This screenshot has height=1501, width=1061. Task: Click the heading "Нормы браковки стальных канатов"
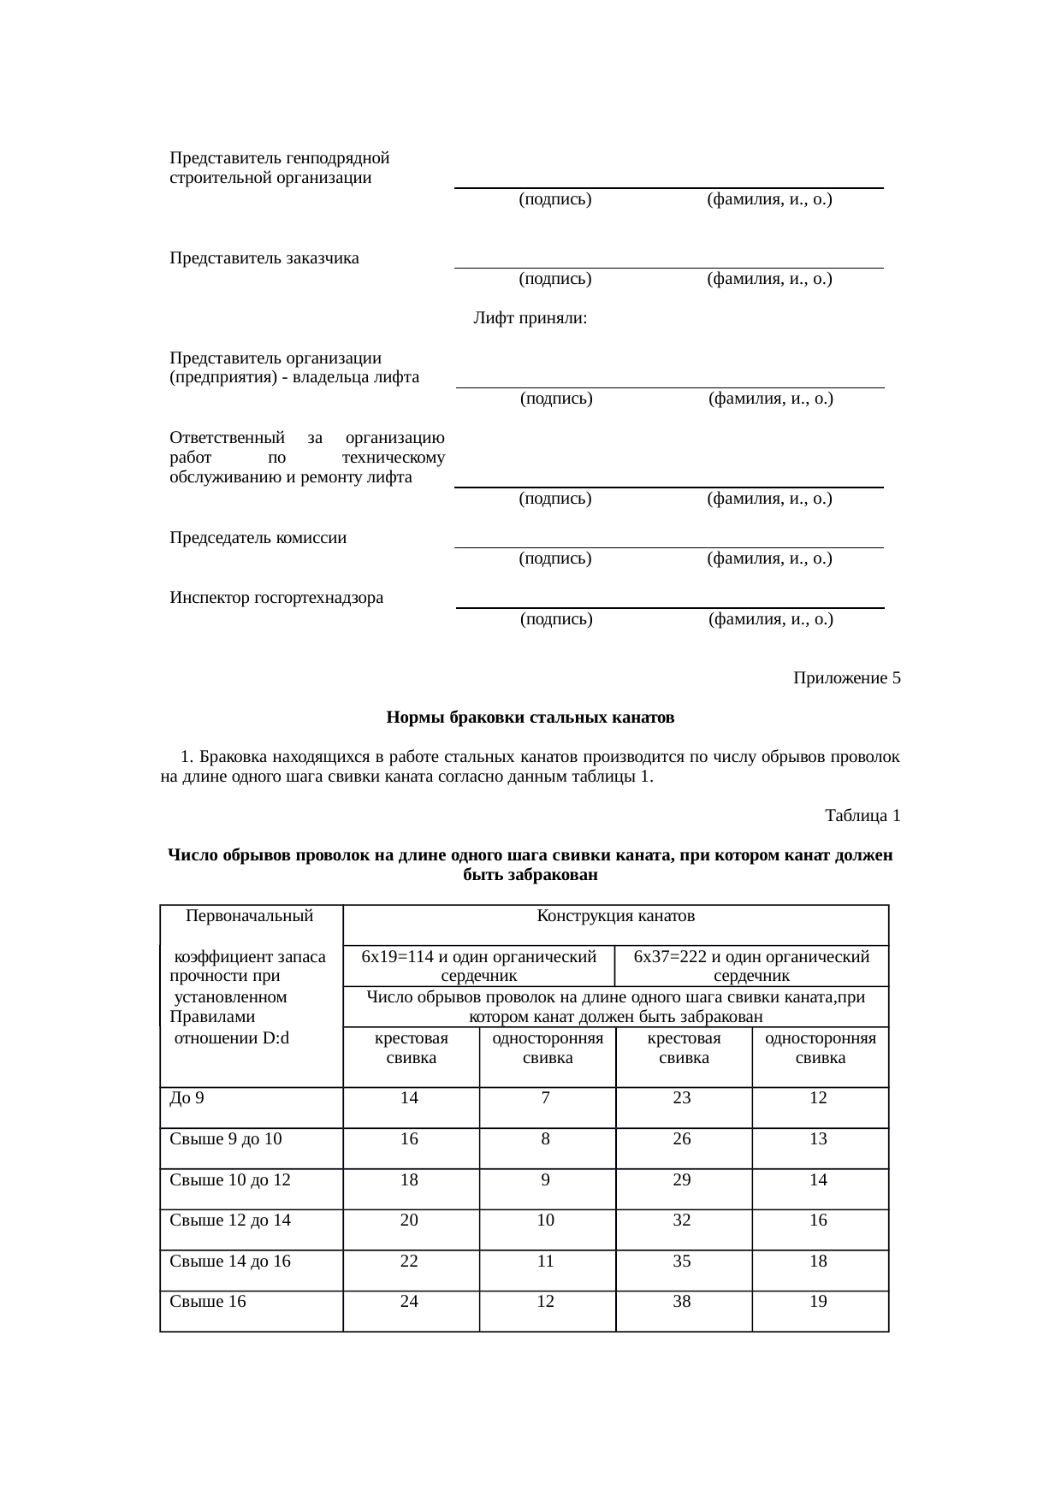click(530, 718)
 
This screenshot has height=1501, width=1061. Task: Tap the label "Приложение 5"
click(846, 678)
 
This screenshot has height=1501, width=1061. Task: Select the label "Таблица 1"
click(862, 815)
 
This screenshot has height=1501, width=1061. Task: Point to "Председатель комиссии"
click(258, 538)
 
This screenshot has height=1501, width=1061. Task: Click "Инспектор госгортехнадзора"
click(276, 598)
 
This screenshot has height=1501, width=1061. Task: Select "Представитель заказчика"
click(264, 258)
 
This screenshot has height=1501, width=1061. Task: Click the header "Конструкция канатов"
click(615, 916)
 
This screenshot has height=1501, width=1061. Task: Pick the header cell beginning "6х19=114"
click(479, 966)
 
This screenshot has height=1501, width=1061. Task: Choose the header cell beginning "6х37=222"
click(751, 966)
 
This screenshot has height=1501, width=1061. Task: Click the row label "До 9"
click(187, 1098)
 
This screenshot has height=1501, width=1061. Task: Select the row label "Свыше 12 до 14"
click(230, 1220)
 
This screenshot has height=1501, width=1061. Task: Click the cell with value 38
click(682, 1302)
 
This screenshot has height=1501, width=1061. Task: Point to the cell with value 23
click(682, 1098)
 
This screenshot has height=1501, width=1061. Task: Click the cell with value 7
click(546, 1098)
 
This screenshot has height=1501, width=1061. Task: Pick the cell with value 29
click(682, 1179)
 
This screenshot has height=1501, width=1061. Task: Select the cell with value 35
click(682, 1261)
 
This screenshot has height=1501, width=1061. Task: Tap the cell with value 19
click(818, 1302)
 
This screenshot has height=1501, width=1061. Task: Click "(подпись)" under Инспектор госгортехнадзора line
click(556, 619)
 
